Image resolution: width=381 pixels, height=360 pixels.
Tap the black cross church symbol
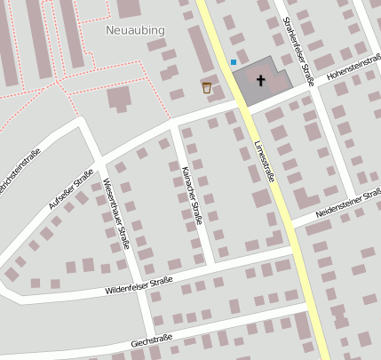pyautogui.click(x=261, y=81)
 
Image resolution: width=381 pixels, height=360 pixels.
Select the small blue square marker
pyautogui.click(x=234, y=62)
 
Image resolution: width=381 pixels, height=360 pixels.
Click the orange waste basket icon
pyautogui.click(x=207, y=87)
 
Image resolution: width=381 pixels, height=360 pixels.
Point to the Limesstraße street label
pyautogui.click(x=264, y=160)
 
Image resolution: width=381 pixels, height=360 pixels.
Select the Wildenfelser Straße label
pyautogui.click(x=138, y=285)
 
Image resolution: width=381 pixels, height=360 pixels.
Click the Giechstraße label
pyautogui.click(x=151, y=340)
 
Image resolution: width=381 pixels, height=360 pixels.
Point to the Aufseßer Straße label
pyautogui.click(x=71, y=191)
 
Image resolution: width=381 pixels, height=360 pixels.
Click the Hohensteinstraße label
pyautogui.click(x=353, y=70)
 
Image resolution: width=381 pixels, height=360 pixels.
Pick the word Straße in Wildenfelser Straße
pyautogui.click(x=160, y=283)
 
